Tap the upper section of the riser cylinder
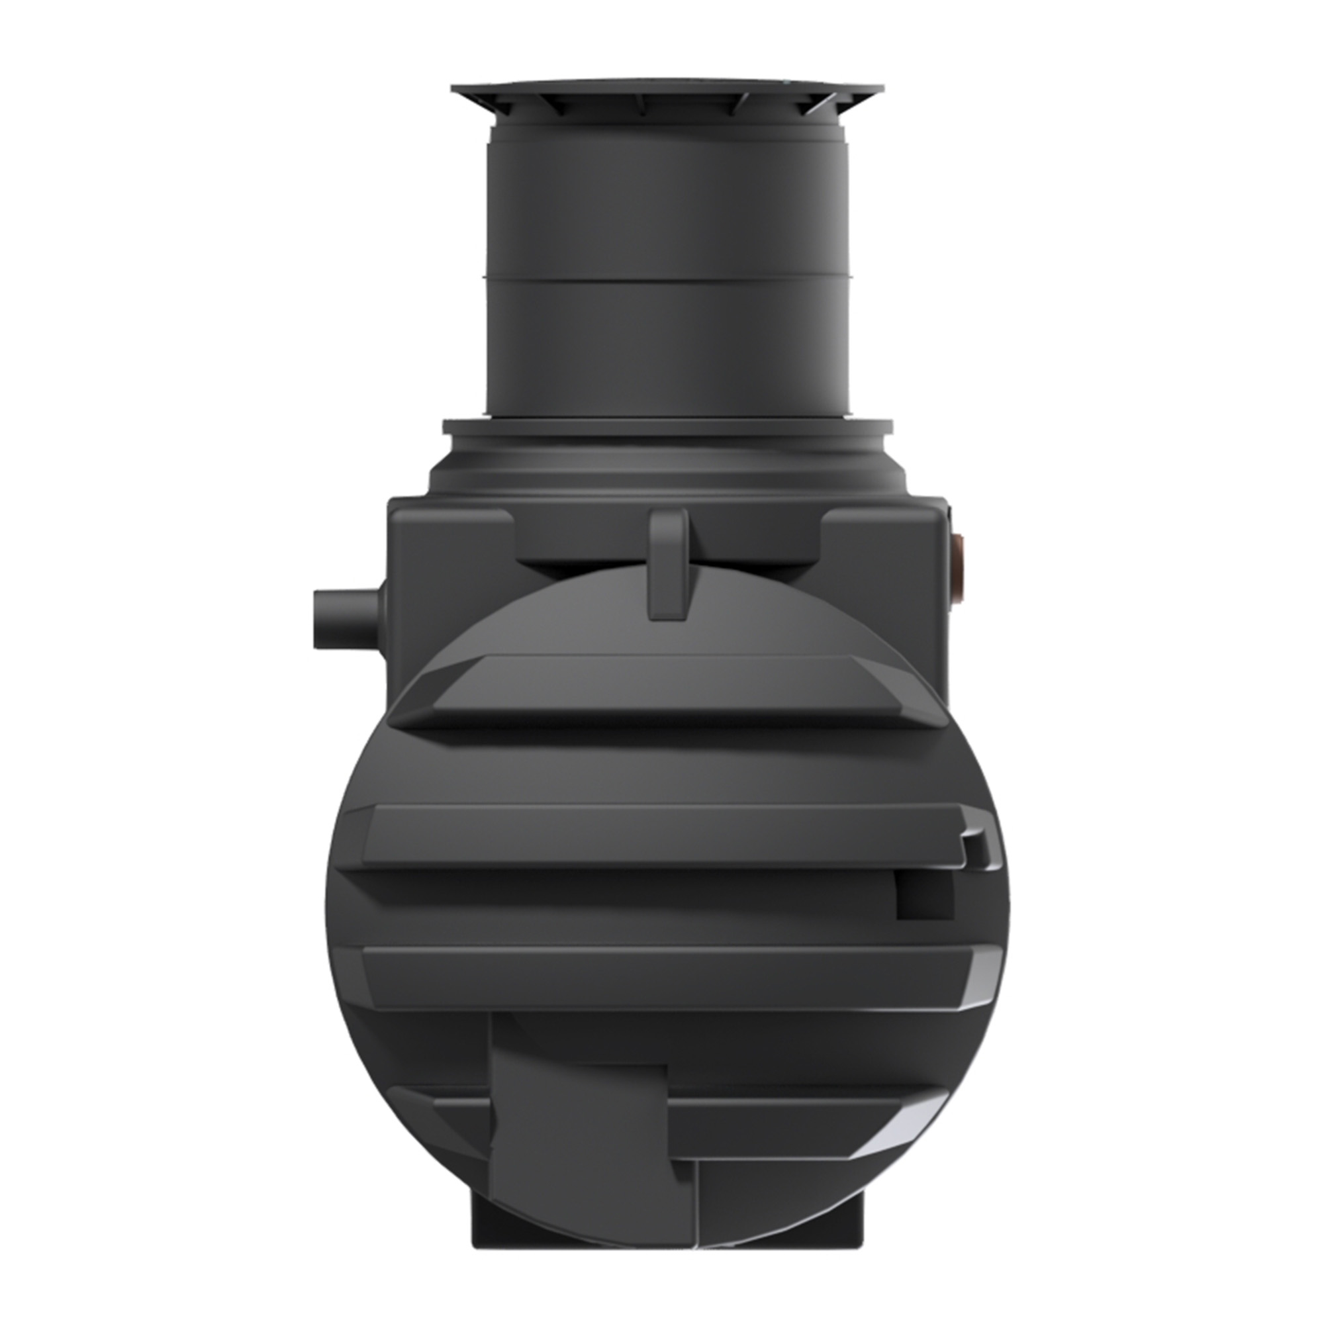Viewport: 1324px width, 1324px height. [x=666, y=206]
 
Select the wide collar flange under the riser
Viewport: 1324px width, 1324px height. [x=666, y=429]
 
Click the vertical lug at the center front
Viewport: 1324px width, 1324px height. [x=667, y=562]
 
